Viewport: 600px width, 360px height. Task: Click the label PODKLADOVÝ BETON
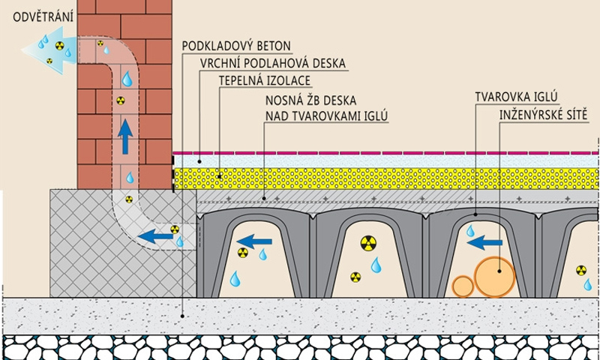236,46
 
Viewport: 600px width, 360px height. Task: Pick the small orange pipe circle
463,287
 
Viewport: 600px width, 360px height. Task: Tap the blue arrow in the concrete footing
158,237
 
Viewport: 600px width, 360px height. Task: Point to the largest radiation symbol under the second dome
367,242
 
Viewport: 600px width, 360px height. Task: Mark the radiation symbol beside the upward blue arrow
120,100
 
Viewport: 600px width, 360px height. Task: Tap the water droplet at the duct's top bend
128,78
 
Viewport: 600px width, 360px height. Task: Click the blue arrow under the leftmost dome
259,241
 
